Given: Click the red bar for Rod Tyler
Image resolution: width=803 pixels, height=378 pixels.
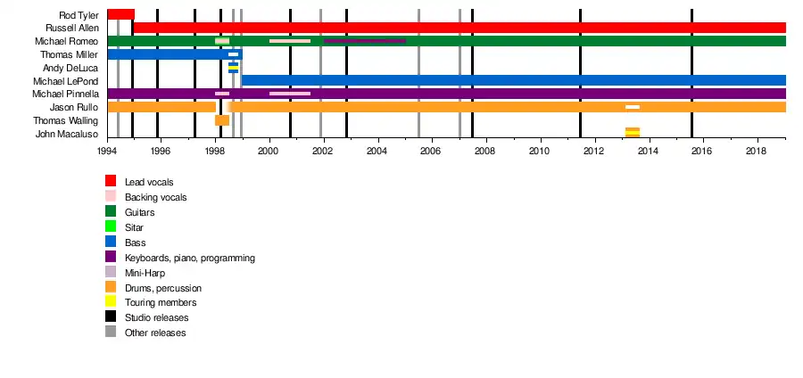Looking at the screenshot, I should (x=120, y=14).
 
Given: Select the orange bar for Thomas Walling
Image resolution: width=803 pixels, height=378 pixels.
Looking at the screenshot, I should (x=222, y=120).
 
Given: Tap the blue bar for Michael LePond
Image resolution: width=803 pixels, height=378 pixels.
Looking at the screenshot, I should (x=513, y=80).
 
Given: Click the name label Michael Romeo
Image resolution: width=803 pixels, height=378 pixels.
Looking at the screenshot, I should (x=67, y=42).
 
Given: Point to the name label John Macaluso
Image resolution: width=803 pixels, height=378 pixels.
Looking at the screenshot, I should (x=67, y=134).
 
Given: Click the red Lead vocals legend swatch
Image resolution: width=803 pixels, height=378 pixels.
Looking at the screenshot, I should (x=111, y=181).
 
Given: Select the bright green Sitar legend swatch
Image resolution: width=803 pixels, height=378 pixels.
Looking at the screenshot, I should (x=111, y=226).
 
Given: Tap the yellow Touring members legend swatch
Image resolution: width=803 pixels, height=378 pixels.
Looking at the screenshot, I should (x=111, y=302).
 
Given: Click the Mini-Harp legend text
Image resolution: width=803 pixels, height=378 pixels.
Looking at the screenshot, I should (x=144, y=273).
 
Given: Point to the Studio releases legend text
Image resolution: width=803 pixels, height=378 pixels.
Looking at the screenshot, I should (x=156, y=317).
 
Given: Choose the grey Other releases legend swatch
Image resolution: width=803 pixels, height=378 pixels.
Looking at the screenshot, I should (x=111, y=333).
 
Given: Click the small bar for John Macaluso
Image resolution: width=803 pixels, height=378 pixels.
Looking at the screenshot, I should (x=632, y=133).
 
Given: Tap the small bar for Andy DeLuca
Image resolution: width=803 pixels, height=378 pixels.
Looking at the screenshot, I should (x=233, y=68).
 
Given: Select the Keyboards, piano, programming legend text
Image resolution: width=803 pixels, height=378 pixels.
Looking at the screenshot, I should (x=190, y=258).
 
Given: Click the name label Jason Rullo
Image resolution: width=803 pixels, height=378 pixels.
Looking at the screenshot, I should (x=74, y=107).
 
